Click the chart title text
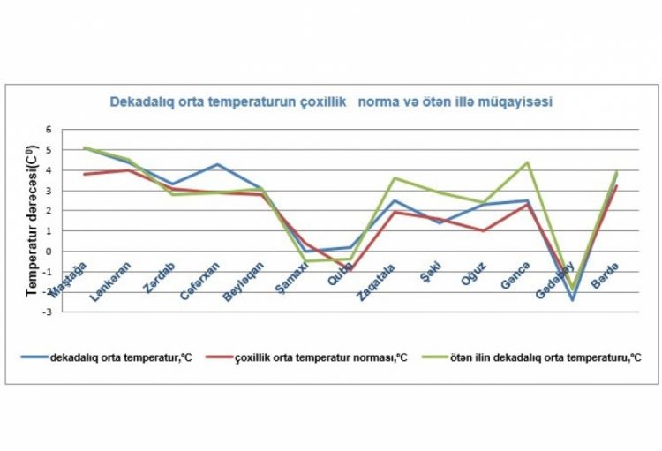point(331,101)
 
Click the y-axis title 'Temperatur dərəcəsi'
point(33,212)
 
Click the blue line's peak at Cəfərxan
point(216,164)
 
